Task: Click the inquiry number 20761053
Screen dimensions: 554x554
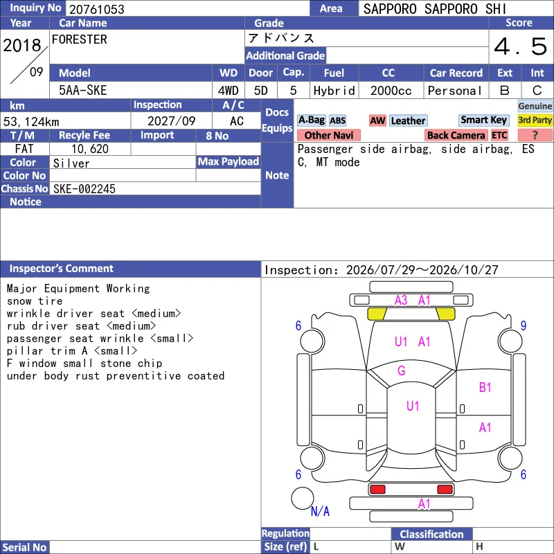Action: pyautogui.click(x=97, y=9)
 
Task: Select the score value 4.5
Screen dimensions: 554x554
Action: pyautogui.click(x=521, y=46)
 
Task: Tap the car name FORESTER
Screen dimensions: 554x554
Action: pyautogui.click(x=80, y=39)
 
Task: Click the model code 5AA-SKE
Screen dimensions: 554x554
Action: pyautogui.click(x=82, y=91)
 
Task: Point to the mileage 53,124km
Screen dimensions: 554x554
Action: pyautogui.click(x=31, y=122)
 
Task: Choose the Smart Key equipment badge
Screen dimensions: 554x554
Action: pyautogui.click(x=483, y=120)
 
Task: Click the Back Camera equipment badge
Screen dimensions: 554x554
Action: pyautogui.click(x=456, y=135)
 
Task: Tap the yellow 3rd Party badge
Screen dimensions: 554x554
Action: pyautogui.click(x=535, y=120)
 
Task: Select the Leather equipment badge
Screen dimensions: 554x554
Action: pyautogui.click(x=409, y=120)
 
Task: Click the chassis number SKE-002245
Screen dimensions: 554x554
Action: pyautogui.click(x=84, y=189)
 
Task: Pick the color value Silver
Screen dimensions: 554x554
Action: pyautogui.click(x=71, y=163)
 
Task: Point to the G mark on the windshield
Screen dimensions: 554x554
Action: pyautogui.click(x=402, y=370)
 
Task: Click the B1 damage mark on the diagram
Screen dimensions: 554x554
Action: pyautogui.click(x=485, y=388)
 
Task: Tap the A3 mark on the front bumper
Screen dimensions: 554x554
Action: pyautogui.click(x=401, y=301)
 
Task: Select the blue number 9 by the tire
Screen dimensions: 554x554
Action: pyautogui.click(x=524, y=325)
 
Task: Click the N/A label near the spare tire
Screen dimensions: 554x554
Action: pyautogui.click(x=320, y=511)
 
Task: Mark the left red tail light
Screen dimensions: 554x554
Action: pyautogui.click(x=377, y=490)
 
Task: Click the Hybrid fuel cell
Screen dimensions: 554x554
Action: pyautogui.click(x=334, y=91)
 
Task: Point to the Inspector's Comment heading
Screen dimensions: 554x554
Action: pyautogui.click(x=61, y=269)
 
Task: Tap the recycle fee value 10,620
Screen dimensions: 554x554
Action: pyautogui.click(x=90, y=149)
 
